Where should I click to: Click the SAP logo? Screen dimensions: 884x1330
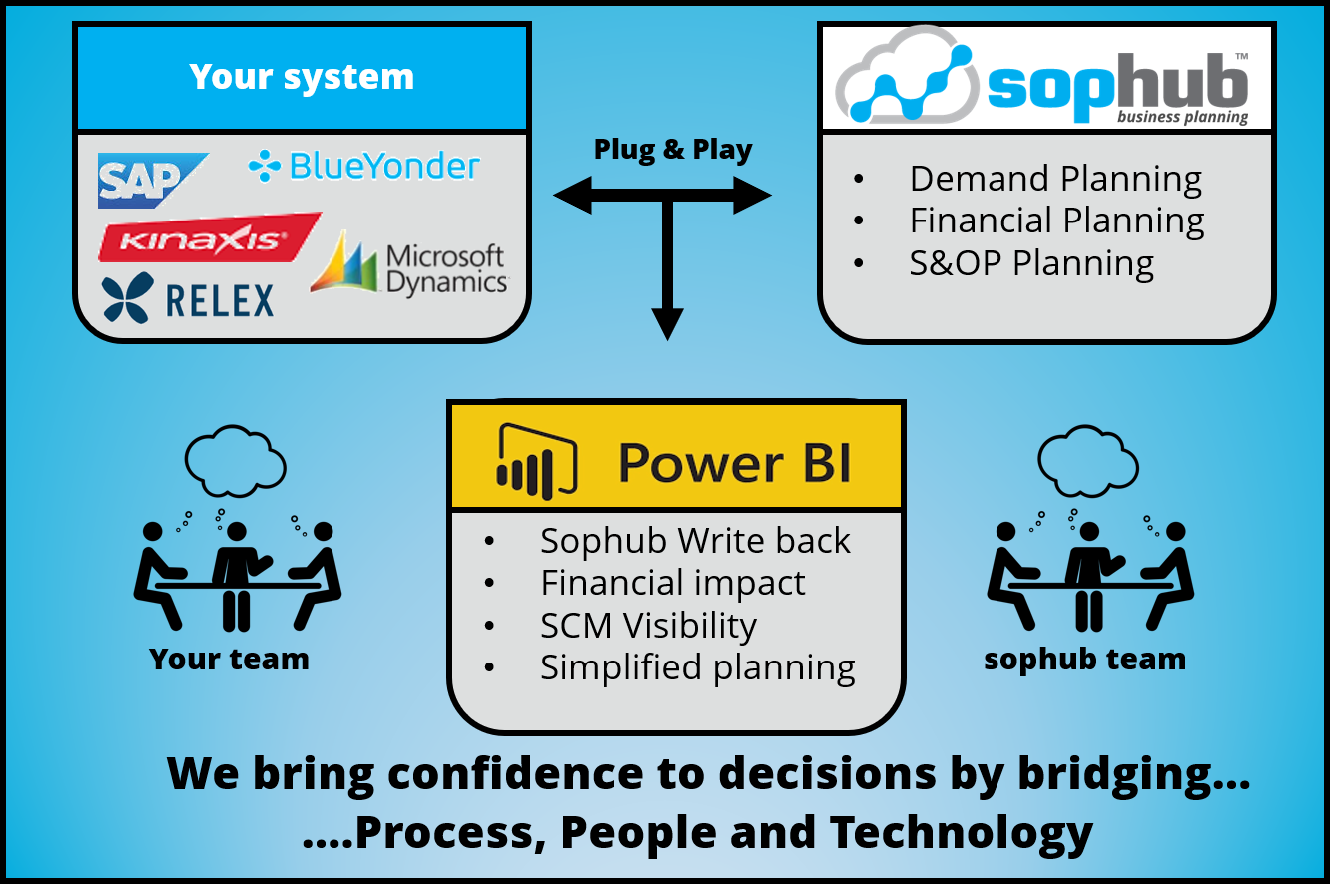click(x=150, y=180)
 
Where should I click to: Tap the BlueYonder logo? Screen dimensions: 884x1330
click(x=364, y=166)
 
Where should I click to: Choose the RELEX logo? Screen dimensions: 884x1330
click(x=188, y=298)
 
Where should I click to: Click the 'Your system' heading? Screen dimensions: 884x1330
click(x=302, y=77)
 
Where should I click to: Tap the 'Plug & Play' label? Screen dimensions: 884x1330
click(x=673, y=150)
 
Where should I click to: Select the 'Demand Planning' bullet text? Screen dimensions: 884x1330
click(x=1055, y=180)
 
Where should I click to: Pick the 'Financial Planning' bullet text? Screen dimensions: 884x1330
click(x=1056, y=221)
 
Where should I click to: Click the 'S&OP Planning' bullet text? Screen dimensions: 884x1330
click(x=1031, y=263)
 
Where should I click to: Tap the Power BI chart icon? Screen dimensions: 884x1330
click(x=538, y=460)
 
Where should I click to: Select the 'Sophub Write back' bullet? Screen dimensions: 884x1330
click(x=695, y=541)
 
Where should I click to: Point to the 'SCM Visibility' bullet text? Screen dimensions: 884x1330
click(x=648, y=626)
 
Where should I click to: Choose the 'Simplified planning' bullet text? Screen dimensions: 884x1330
click(x=697, y=667)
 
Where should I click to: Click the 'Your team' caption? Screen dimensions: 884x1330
click(x=229, y=659)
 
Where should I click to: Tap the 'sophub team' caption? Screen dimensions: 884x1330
click(x=1084, y=660)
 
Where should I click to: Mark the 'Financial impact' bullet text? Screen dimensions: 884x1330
click(x=672, y=583)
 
